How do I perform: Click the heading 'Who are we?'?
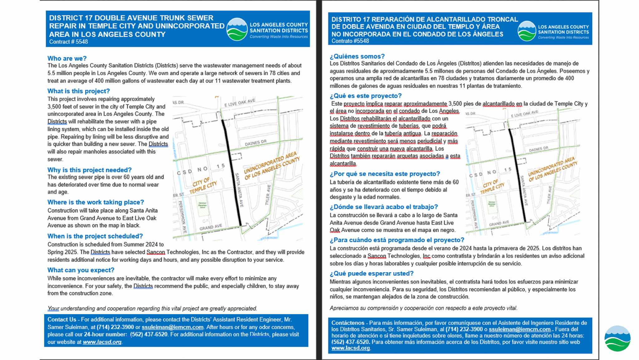point(67,58)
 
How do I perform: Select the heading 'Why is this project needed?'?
point(89,170)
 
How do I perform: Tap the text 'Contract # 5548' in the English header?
point(68,42)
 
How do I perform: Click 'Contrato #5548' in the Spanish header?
point(350,41)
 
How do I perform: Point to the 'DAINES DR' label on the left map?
point(256,143)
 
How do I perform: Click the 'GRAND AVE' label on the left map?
point(211,227)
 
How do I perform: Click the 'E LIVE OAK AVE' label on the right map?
point(524,114)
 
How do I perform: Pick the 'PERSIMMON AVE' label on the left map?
point(183,217)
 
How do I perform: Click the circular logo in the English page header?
point(237,29)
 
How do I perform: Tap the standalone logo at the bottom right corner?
point(617,338)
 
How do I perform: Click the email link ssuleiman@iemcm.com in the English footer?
point(173,327)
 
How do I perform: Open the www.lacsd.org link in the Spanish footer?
point(350,348)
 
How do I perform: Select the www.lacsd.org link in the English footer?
point(102,342)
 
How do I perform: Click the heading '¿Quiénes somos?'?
point(357,57)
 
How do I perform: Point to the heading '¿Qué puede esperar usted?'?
point(371,274)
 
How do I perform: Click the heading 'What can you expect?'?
point(81,270)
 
